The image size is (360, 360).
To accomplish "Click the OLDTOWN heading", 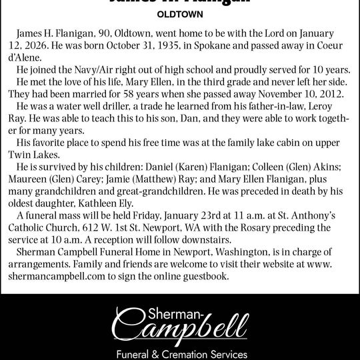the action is pos(180,13).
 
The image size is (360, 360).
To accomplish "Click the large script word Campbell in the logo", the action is pos(180,324).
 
